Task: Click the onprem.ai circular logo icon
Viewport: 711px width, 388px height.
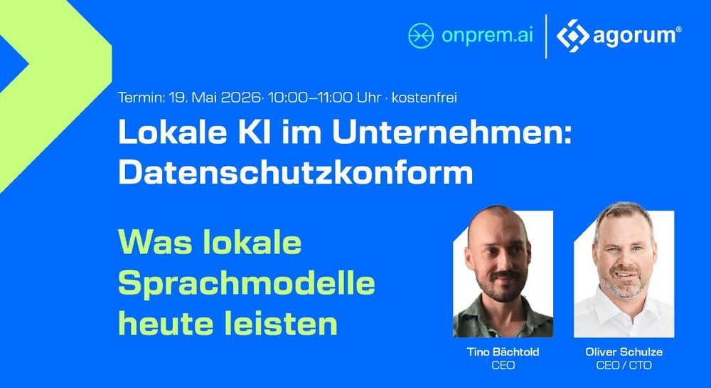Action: [421, 36]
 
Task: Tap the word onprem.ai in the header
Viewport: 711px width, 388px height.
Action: [488, 36]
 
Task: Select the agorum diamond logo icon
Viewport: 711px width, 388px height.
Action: [572, 36]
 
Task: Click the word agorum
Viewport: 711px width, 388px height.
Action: [634, 36]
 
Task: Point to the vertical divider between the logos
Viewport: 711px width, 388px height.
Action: [545, 36]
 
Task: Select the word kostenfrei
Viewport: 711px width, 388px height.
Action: [424, 98]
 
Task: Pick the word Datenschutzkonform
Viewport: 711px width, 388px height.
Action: [296, 172]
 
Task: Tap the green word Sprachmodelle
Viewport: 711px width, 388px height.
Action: [247, 284]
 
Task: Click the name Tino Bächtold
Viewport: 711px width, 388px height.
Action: [503, 352]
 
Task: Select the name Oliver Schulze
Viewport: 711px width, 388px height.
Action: [624, 352]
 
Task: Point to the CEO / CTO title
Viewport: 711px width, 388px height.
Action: [624, 365]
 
